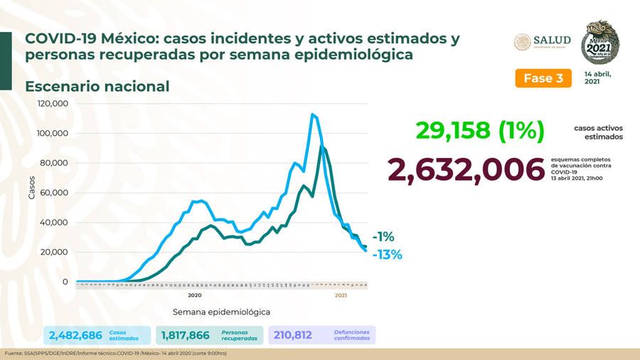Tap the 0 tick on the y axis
(x=65, y=282)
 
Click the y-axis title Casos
(x=31, y=186)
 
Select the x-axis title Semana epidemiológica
(x=221, y=312)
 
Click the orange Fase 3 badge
(x=543, y=78)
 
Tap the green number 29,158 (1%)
(x=480, y=130)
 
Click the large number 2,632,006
(x=465, y=169)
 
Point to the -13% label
(x=387, y=254)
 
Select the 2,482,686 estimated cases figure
(x=75, y=335)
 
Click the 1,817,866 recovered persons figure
(x=185, y=335)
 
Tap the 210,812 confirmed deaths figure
(x=293, y=335)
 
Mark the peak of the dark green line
(x=323, y=147)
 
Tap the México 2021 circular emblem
(x=600, y=42)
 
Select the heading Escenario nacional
(x=97, y=87)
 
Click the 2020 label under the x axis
(x=195, y=295)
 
